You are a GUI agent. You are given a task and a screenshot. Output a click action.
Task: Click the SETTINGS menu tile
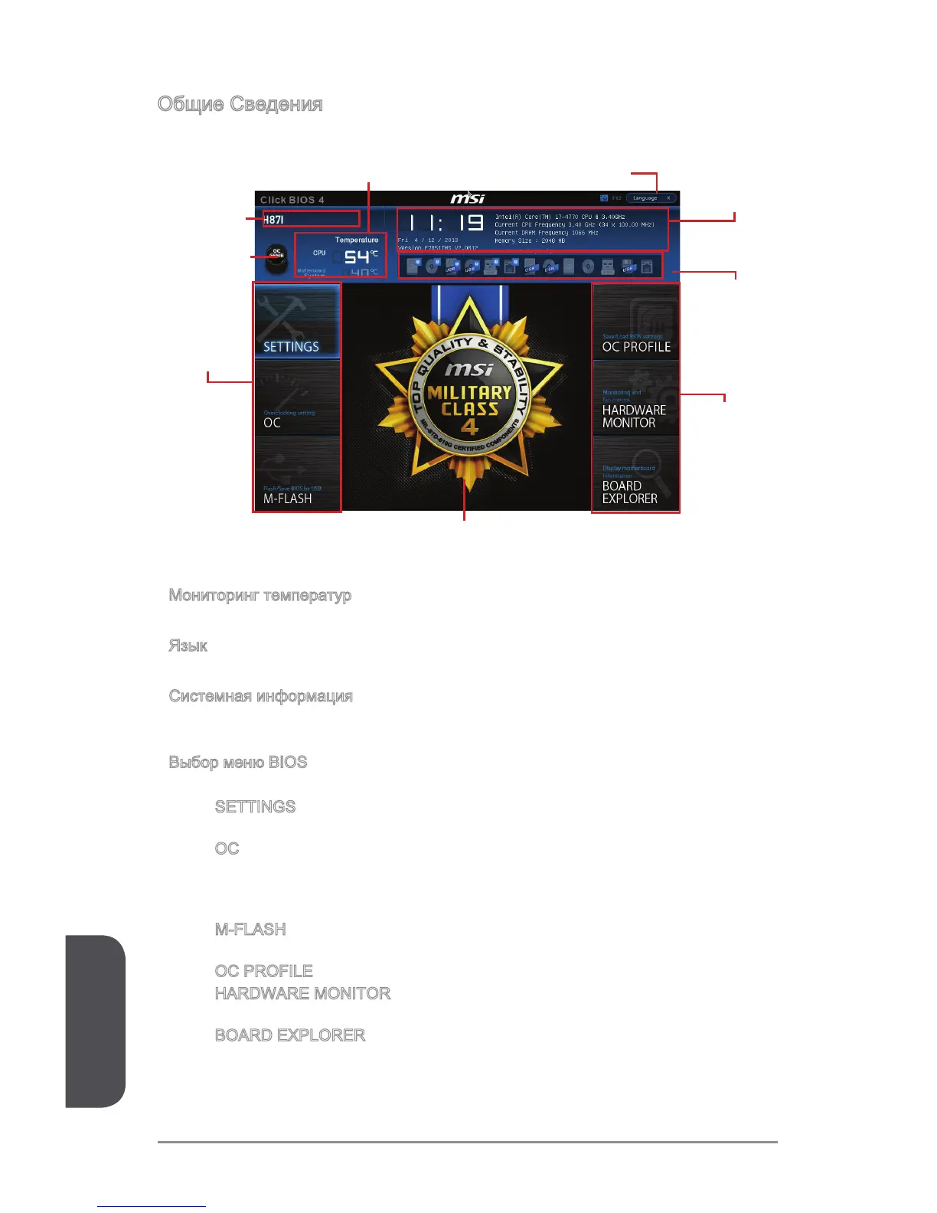(x=297, y=322)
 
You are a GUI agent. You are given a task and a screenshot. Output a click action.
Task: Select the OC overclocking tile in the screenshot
(x=297, y=398)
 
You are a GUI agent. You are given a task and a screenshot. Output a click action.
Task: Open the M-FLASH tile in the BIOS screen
(x=297, y=474)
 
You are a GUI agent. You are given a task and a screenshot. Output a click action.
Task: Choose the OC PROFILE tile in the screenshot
(x=635, y=322)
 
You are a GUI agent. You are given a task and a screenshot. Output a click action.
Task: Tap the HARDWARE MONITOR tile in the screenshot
(x=635, y=398)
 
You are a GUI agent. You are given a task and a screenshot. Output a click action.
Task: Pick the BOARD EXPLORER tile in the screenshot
(x=635, y=474)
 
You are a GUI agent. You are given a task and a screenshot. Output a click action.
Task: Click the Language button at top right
(x=651, y=198)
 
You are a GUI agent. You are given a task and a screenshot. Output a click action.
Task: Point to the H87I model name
(x=273, y=220)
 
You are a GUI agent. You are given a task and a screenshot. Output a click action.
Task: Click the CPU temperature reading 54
(x=357, y=257)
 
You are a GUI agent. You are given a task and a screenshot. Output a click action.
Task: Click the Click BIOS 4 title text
(x=292, y=200)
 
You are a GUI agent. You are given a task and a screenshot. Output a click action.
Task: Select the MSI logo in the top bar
(x=467, y=198)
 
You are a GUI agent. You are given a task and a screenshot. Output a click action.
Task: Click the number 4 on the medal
(x=469, y=427)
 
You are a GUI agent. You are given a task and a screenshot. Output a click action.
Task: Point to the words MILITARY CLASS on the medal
(x=469, y=400)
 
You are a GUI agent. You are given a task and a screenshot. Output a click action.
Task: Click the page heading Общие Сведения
(x=240, y=104)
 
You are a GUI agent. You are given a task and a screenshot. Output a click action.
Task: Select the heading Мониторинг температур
(x=260, y=596)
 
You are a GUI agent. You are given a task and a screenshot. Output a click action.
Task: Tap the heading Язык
(x=188, y=646)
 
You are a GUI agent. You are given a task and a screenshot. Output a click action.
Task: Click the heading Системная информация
(x=261, y=697)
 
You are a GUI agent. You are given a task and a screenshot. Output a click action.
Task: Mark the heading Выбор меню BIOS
(x=238, y=763)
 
